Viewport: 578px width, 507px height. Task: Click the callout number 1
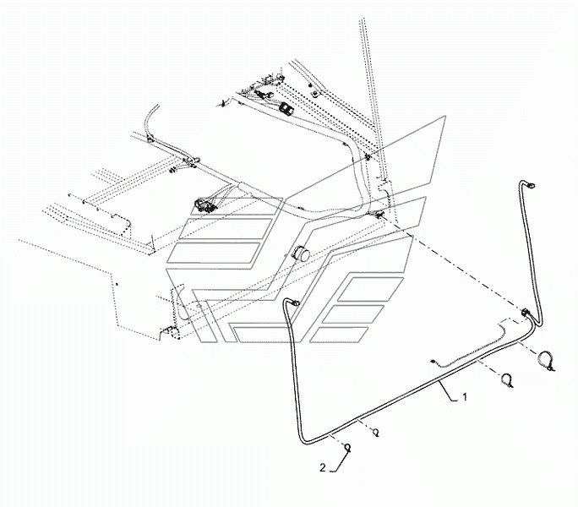click(x=465, y=397)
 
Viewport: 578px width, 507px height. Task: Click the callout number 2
click(x=323, y=468)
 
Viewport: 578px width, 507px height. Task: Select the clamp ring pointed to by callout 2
click(x=347, y=448)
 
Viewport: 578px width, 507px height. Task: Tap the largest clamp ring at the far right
click(x=546, y=360)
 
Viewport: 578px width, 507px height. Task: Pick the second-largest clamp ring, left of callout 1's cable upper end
click(x=506, y=379)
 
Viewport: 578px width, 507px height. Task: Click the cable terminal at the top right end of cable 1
click(x=531, y=185)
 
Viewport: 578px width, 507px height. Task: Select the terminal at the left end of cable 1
click(x=295, y=303)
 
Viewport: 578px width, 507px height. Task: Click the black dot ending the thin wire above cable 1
click(x=433, y=363)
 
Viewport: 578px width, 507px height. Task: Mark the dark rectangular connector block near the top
click(x=286, y=108)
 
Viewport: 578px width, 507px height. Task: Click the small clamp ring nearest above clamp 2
click(x=375, y=432)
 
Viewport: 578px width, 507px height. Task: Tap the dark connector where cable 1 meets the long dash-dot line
click(x=525, y=313)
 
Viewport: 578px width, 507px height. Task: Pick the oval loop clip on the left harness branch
click(x=196, y=161)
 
